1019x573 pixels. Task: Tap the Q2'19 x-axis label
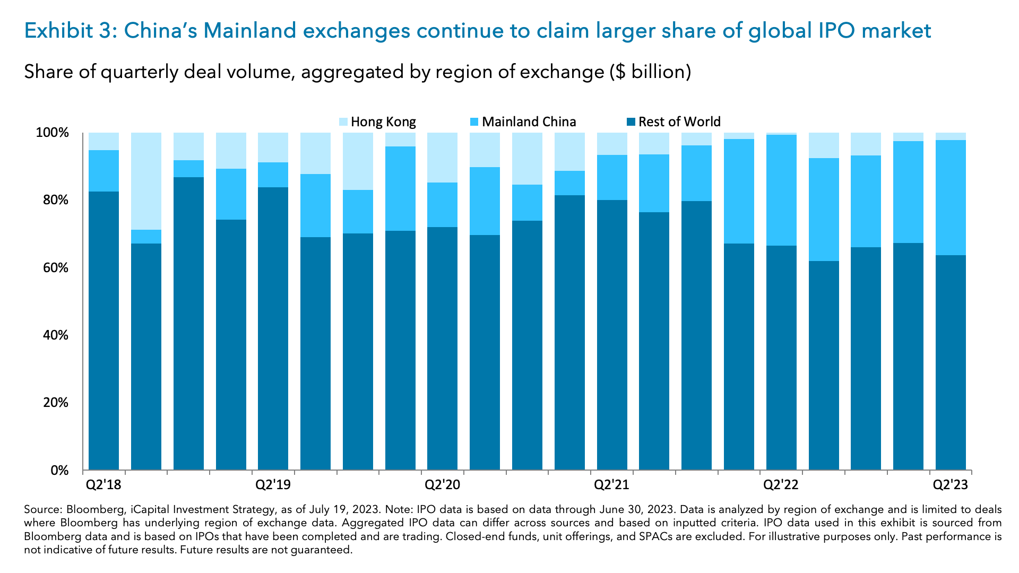point(273,484)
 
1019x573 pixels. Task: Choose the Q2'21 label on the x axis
point(611,484)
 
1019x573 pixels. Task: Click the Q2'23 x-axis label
point(951,484)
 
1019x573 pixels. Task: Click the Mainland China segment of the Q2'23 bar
point(951,197)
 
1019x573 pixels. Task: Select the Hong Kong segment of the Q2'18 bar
point(104,141)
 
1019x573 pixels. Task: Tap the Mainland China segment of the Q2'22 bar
point(781,190)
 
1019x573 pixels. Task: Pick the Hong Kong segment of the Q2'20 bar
point(442,158)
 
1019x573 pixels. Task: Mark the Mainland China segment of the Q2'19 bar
point(273,175)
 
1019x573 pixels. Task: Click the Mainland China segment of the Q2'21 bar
point(612,177)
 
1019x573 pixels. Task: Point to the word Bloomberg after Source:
point(94,509)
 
